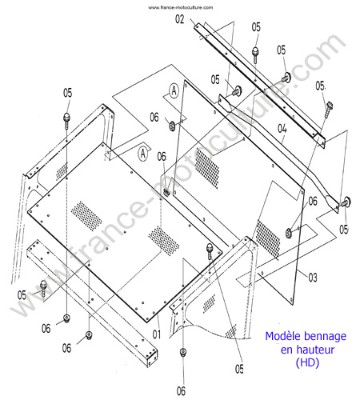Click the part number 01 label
(x=157, y=334)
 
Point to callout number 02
(x=180, y=19)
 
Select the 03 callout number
(x=313, y=278)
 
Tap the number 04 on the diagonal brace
(x=282, y=129)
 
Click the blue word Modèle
(x=282, y=336)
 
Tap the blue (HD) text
(x=307, y=362)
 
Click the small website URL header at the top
(x=181, y=7)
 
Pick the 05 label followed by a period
(x=321, y=86)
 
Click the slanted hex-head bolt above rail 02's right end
(x=329, y=109)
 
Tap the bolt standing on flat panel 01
(x=210, y=251)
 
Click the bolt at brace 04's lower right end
(x=345, y=202)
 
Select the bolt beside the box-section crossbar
(x=43, y=288)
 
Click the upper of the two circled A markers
(x=174, y=90)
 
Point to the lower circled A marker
(x=143, y=154)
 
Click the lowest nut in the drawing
(x=183, y=352)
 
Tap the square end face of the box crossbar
(x=152, y=358)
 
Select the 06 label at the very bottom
(x=181, y=391)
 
